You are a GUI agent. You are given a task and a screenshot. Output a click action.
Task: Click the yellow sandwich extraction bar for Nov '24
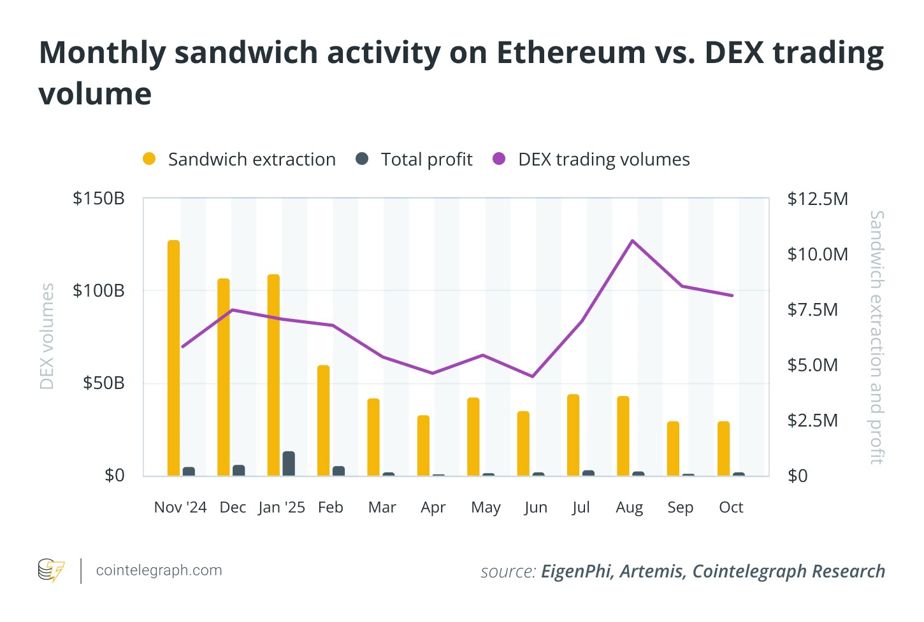click(x=173, y=358)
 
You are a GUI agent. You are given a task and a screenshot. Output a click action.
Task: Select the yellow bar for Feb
click(x=324, y=420)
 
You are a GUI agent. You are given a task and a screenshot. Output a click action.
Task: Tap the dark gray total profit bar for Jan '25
click(x=289, y=463)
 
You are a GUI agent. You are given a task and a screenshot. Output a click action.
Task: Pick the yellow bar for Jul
click(x=574, y=435)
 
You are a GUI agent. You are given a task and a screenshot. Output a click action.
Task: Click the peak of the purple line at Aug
click(x=632, y=241)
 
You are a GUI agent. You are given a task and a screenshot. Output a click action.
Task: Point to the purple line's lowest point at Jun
click(x=533, y=376)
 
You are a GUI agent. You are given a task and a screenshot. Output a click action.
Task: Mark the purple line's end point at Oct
click(x=732, y=295)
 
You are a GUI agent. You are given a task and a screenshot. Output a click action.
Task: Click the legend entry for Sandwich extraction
click(x=240, y=159)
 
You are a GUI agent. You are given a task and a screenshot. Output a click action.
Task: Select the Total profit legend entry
click(x=414, y=159)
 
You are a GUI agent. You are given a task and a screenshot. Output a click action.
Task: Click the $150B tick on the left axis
click(x=99, y=199)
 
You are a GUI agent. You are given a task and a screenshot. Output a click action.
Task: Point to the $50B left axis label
click(x=103, y=383)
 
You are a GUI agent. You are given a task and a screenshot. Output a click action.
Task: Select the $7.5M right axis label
click(x=812, y=310)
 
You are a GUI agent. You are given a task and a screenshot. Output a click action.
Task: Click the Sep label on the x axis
click(x=680, y=507)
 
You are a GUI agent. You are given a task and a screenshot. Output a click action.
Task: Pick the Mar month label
click(x=382, y=507)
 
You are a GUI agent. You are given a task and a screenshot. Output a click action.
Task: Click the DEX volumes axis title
click(x=47, y=336)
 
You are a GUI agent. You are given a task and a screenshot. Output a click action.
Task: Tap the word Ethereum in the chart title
click(x=571, y=52)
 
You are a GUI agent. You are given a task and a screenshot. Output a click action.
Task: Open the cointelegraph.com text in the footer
click(x=159, y=570)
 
